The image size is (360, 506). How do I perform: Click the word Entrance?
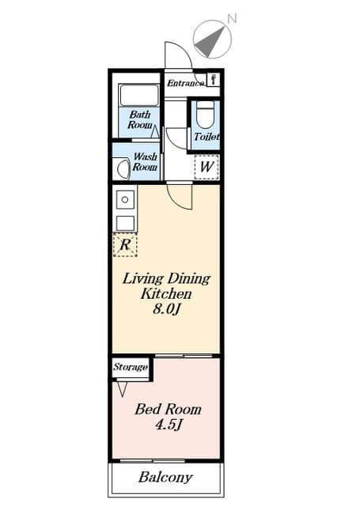[x=184, y=81]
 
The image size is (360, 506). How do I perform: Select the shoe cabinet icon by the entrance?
[x=213, y=80]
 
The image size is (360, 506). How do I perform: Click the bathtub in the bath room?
[x=140, y=97]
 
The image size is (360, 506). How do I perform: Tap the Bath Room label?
[x=140, y=120]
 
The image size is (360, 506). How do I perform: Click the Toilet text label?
[x=206, y=138]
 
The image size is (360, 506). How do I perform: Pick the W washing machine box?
[x=206, y=167]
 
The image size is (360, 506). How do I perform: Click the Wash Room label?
[x=144, y=162]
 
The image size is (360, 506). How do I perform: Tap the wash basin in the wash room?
[x=123, y=168]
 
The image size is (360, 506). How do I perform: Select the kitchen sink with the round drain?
[x=124, y=198]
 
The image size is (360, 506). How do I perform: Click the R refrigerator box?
[x=124, y=245]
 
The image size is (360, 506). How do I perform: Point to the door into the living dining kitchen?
[x=180, y=195]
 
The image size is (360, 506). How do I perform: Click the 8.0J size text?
[x=167, y=308]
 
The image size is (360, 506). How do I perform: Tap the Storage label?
[x=130, y=368]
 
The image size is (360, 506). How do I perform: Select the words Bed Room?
[x=167, y=410]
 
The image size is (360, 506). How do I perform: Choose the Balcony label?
[x=165, y=478]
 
